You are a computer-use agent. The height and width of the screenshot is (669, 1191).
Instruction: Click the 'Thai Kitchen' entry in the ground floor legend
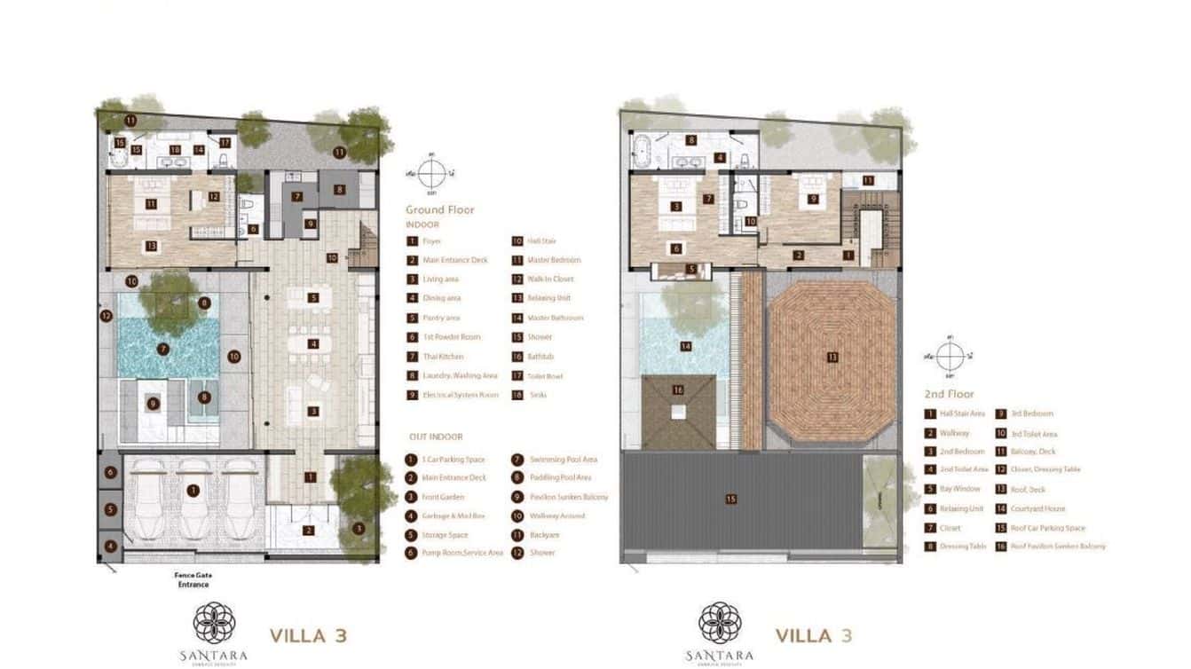click(x=443, y=357)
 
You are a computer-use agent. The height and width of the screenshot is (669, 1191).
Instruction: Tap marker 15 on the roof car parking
click(x=730, y=499)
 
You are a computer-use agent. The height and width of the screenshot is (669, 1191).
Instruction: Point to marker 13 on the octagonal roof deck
click(x=832, y=358)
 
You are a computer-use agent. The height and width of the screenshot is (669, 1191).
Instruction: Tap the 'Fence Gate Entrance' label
click(x=192, y=579)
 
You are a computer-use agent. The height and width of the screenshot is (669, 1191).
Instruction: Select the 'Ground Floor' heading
click(x=439, y=210)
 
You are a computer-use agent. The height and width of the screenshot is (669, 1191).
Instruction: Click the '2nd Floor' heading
click(x=949, y=394)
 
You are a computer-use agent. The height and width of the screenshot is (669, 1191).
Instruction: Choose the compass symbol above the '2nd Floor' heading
click(x=949, y=357)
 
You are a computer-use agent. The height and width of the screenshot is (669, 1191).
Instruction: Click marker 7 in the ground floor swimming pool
click(x=162, y=349)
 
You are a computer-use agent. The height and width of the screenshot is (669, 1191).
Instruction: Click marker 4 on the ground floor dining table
click(x=313, y=343)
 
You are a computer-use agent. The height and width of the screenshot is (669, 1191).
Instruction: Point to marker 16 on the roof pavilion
click(x=678, y=390)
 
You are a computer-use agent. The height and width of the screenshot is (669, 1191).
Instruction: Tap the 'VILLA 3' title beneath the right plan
click(x=814, y=635)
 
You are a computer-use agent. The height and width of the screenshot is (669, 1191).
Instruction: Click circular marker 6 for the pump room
click(x=111, y=474)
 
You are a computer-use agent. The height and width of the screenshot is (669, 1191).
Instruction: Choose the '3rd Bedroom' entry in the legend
click(x=1031, y=413)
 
